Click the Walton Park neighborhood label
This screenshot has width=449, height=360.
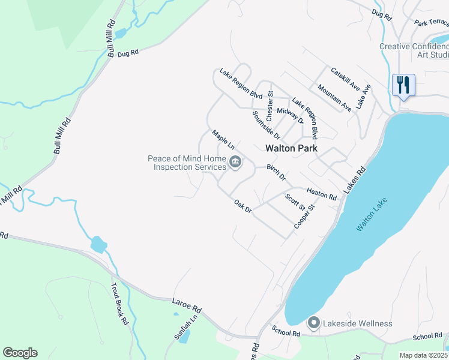[291, 148]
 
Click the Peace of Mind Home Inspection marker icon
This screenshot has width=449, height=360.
[235, 162]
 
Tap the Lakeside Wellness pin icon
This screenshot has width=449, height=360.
[313, 323]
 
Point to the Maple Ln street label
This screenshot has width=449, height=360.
[222, 139]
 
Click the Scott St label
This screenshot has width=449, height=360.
[295, 202]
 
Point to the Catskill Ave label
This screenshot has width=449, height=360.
[345, 79]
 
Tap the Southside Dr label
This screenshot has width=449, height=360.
[266, 124]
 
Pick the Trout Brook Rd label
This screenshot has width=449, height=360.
[121, 303]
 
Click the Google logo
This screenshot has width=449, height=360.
[20, 353]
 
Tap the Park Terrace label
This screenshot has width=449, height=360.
[431, 23]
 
